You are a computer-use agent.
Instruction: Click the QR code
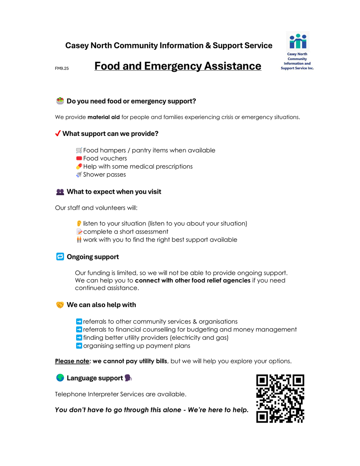click(280, 398)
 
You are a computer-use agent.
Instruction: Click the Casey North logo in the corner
click(297, 51)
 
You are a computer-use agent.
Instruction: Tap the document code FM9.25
click(62, 69)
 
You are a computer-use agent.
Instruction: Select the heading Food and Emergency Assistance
click(177, 66)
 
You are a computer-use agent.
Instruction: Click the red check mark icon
click(58, 134)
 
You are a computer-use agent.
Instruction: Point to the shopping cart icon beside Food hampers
click(79, 150)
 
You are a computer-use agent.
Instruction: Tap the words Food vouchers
click(105, 158)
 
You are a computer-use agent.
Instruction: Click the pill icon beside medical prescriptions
click(79, 167)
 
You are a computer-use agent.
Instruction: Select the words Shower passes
click(104, 175)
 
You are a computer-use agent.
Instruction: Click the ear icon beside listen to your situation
click(79, 224)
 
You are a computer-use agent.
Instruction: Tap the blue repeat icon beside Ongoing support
click(60, 257)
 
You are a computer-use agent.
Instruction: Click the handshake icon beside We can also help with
click(60, 305)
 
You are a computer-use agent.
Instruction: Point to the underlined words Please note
click(72, 361)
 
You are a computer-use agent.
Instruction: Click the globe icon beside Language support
click(60, 378)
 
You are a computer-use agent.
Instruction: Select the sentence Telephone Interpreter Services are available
click(120, 394)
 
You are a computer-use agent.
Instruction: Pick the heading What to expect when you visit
click(114, 192)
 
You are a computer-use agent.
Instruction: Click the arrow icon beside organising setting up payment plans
click(79, 346)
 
